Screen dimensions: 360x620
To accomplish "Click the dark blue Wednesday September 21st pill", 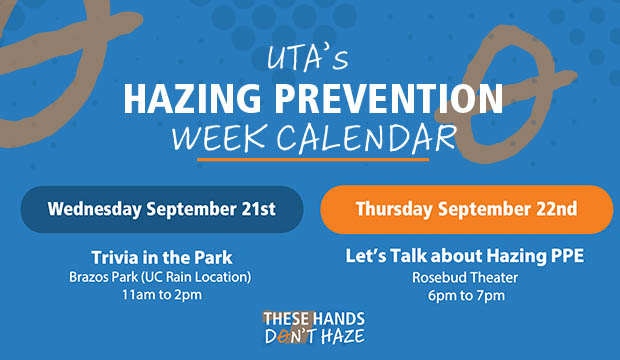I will click(x=161, y=209).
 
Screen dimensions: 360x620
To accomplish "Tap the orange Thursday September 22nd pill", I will click(x=466, y=209).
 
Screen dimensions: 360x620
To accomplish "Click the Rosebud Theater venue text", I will click(x=466, y=275).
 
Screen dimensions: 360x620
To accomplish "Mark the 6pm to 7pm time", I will click(x=466, y=295).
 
